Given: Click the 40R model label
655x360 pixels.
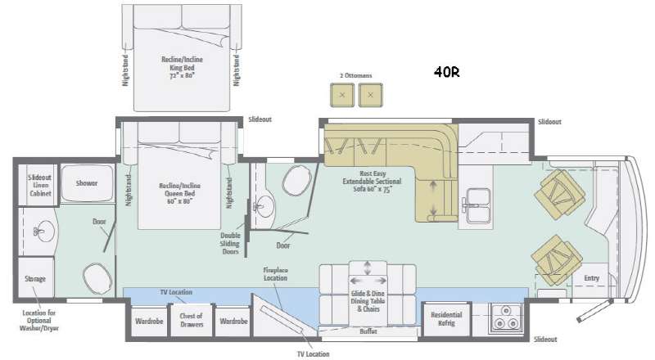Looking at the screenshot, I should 447,71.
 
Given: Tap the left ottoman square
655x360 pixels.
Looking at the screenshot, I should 342,96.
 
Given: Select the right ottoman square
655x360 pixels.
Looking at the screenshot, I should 371,96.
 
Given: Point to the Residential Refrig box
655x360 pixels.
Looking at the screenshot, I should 446,319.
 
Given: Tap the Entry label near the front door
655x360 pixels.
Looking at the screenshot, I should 591,278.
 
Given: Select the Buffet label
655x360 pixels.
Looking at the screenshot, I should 369,331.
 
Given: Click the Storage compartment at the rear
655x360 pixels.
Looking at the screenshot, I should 35,279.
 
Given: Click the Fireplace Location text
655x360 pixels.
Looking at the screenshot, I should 275,273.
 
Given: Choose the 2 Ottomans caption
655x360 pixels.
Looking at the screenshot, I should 355,75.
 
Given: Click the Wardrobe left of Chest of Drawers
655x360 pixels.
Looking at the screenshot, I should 148,321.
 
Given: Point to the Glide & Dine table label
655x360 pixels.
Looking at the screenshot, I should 369,301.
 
